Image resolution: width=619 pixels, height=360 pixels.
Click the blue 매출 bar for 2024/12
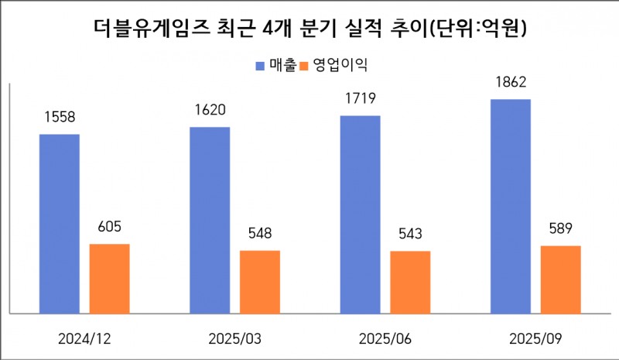[60, 223]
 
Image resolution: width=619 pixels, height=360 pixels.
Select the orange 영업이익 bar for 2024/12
[110, 278]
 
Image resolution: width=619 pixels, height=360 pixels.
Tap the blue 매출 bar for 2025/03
[210, 220]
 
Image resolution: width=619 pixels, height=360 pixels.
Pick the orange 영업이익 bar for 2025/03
[260, 282]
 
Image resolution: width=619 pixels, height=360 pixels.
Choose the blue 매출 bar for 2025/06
[360, 214]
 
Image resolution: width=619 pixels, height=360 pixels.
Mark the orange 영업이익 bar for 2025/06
[410, 282]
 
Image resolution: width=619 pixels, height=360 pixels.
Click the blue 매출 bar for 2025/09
[510, 206]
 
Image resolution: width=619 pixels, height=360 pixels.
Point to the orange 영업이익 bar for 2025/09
[560, 279]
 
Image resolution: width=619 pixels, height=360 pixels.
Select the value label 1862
[510, 82]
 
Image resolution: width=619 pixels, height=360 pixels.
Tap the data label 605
[110, 228]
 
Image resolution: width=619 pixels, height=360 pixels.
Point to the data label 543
[410, 235]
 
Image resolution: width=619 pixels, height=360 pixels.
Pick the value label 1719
[360, 98]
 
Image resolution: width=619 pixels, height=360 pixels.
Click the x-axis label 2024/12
[84, 339]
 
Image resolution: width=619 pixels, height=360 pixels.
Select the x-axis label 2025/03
[234, 339]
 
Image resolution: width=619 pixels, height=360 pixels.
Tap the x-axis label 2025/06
[385, 339]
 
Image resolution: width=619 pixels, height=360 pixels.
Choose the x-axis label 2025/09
[535, 339]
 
